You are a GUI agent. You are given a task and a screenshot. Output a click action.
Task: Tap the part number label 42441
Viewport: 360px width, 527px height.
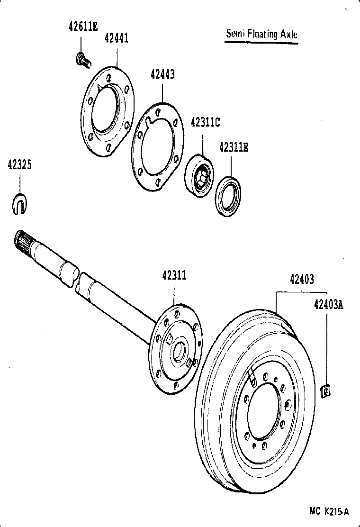[x=116, y=38]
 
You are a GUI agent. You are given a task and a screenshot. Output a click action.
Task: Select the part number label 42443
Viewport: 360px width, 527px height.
[x=162, y=74]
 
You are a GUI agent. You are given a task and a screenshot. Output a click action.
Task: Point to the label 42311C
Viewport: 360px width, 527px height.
[x=205, y=121]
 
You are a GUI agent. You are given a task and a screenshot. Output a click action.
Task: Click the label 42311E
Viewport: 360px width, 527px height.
[x=233, y=147]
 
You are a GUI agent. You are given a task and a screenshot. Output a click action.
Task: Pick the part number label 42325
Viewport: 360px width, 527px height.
[x=20, y=164]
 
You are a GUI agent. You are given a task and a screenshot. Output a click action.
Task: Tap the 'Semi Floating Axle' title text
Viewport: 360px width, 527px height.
[x=261, y=34]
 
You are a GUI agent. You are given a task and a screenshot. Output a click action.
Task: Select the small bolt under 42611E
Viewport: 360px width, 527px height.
[x=82, y=60]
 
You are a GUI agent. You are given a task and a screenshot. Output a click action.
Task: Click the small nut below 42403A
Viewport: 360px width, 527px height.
[x=325, y=391]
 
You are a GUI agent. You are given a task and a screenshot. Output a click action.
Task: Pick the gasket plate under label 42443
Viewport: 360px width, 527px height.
[x=157, y=146]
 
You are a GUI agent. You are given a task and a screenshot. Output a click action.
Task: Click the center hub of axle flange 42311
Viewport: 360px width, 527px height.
[x=179, y=351]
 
